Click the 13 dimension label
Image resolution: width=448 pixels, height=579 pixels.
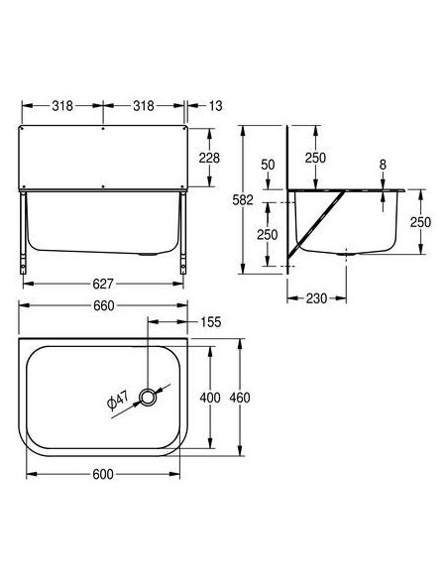pos(215,106)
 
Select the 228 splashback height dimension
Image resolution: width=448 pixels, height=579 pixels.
pos(209,158)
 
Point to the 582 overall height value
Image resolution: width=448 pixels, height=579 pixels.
pos(243,199)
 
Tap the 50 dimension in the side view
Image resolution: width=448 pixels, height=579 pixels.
pos(268,165)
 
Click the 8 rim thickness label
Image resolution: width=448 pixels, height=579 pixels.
pos(383,165)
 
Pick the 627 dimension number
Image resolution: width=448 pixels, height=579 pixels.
pos(103,284)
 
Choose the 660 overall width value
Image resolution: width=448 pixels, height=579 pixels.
pos(104,305)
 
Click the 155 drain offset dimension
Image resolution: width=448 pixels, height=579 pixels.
pos(211,322)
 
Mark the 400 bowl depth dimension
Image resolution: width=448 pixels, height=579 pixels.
pos(210,398)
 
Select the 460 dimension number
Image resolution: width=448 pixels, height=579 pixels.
pos(240,398)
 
